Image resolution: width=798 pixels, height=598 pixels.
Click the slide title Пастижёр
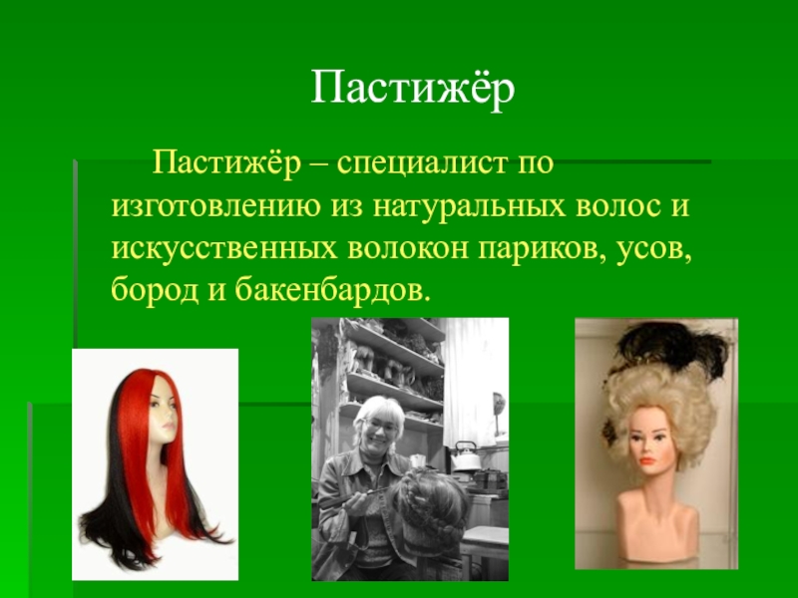pos(412,90)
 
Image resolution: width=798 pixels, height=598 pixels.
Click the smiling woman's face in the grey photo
pos(379,430)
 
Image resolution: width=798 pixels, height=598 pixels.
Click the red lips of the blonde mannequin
pos(647,461)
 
